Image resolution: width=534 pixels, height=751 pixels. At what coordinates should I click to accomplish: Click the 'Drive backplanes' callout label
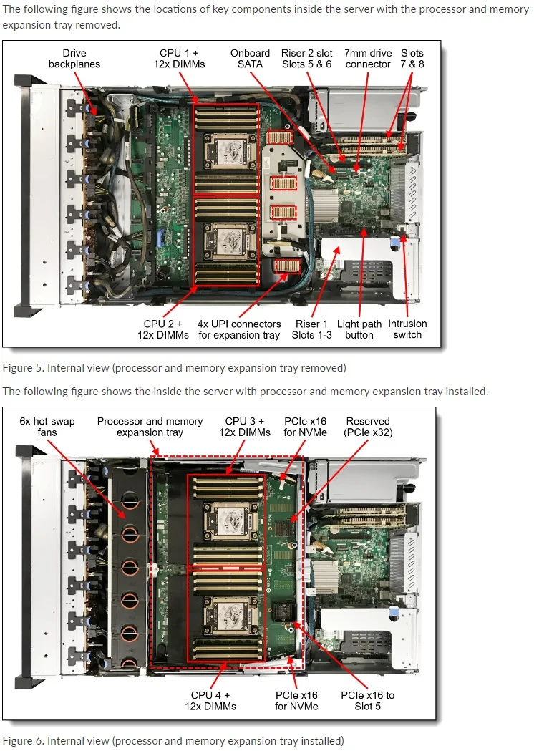[x=74, y=59]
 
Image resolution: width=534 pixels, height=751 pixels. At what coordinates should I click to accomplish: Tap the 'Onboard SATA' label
[x=250, y=59]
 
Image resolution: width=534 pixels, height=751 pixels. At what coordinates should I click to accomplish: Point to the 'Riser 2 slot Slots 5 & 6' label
[x=306, y=59]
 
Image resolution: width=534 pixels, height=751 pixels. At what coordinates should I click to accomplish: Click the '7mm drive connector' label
[x=367, y=59]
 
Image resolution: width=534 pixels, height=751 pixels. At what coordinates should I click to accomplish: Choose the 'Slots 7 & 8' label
[x=412, y=59]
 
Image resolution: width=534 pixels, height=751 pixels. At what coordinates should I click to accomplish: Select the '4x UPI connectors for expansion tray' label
[x=239, y=329]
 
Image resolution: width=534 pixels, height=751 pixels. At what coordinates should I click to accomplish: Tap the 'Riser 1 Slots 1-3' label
[x=311, y=329]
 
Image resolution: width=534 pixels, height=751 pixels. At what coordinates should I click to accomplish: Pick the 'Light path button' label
[x=359, y=329]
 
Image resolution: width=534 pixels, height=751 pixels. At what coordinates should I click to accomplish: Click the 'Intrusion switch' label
[x=407, y=329]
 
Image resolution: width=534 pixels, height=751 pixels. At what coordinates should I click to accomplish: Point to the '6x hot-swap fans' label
[x=47, y=427]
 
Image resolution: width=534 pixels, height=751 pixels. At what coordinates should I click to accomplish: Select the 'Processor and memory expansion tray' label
[x=150, y=427]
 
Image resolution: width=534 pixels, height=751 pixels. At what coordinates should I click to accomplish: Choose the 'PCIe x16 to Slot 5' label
[x=367, y=700]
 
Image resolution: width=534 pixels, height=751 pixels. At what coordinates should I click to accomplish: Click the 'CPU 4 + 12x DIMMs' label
[x=210, y=700]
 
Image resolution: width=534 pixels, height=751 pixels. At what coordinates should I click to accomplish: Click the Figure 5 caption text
[x=174, y=368]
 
